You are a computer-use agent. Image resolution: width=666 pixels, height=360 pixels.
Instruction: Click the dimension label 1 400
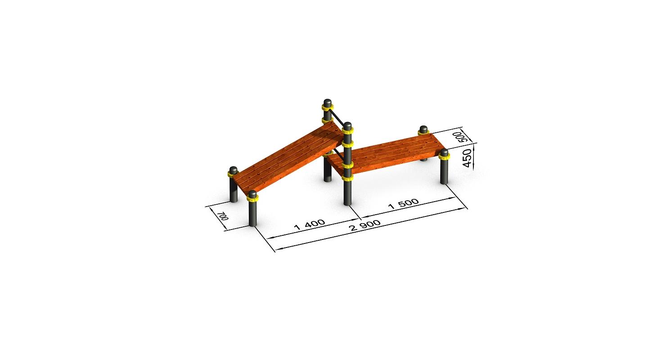[x=310, y=225]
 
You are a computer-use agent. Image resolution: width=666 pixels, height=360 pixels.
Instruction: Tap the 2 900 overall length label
[x=365, y=225]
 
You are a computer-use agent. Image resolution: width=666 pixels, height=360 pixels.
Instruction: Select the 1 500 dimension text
[x=404, y=204]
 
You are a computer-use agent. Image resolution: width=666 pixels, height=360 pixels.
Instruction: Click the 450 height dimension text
[x=468, y=158]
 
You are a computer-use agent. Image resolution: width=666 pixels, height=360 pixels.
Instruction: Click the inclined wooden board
[x=288, y=160]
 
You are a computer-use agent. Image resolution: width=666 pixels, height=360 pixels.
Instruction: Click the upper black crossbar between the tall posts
[x=336, y=117]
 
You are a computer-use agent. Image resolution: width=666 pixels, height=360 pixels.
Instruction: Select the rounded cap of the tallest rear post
[x=327, y=102]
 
